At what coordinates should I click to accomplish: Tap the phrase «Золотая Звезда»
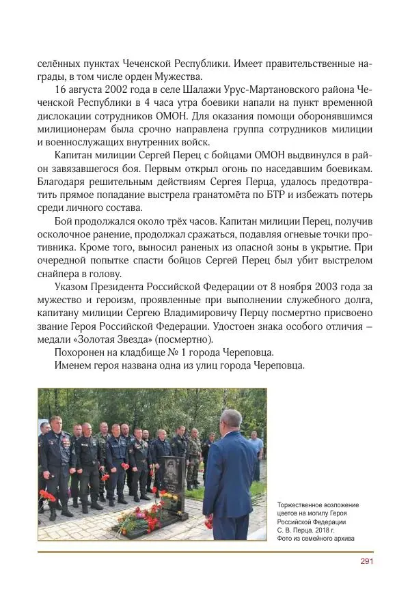(x=115, y=339)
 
